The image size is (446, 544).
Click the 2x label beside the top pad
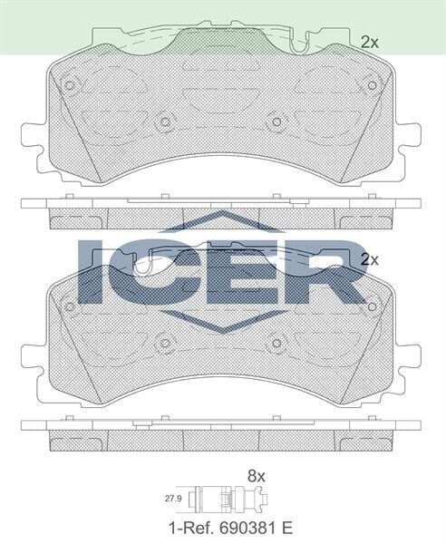(x=369, y=42)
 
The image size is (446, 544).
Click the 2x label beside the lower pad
(x=369, y=258)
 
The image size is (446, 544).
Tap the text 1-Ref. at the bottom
(x=187, y=525)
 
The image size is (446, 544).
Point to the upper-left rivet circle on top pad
(x=70, y=86)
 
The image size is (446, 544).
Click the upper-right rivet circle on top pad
(x=371, y=85)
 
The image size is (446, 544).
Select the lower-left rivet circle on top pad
(x=164, y=121)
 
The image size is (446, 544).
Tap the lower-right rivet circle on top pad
(x=276, y=121)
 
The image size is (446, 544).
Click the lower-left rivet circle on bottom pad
(x=164, y=343)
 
